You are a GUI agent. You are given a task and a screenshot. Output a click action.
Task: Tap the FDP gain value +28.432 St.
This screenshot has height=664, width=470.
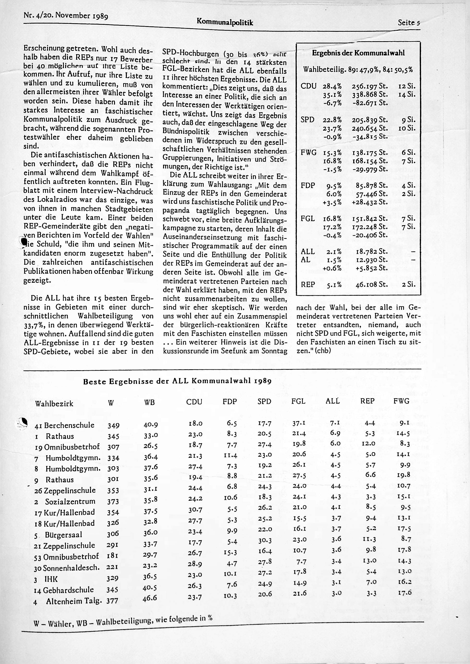click(369, 202)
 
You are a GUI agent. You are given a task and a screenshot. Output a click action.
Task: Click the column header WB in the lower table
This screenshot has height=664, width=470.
click(149, 403)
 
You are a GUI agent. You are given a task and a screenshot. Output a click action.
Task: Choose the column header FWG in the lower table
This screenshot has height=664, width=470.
click(401, 401)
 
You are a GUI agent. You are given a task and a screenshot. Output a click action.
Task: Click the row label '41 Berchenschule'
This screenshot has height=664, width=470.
click(65, 425)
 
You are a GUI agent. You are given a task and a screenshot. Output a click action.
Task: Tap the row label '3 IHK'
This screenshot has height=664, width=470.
click(46, 579)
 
